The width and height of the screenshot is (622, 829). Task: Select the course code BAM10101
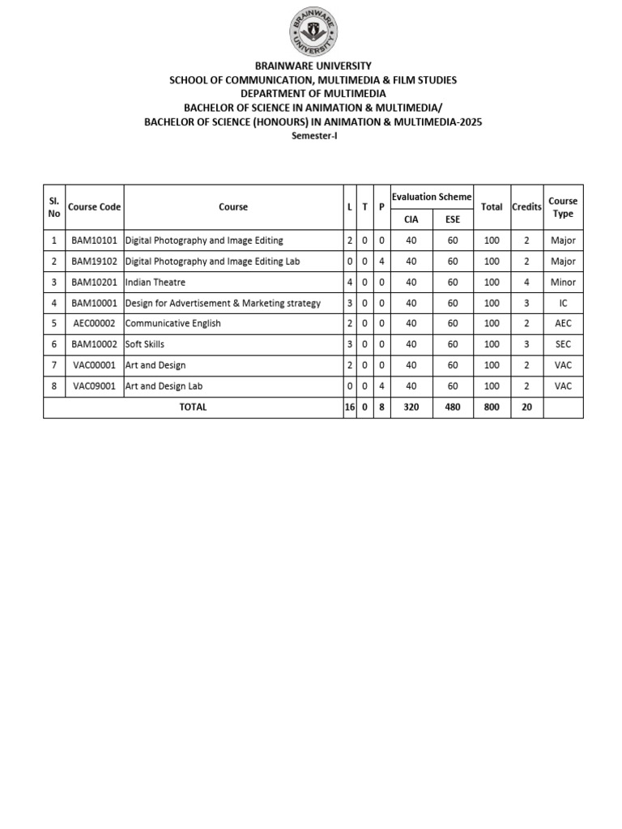click(x=94, y=240)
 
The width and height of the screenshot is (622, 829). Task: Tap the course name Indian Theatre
click(x=155, y=283)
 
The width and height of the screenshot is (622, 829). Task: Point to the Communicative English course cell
click(x=173, y=324)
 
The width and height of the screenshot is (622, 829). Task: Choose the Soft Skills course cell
click(x=145, y=345)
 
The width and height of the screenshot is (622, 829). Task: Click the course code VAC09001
click(x=94, y=387)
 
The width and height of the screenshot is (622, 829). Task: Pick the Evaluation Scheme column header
click(x=432, y=197)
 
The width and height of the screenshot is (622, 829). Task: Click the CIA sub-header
click(x=411, y=219)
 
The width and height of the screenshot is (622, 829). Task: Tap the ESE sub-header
click(x=452, y=219)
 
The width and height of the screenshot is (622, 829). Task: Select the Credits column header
click(x=526, y=207)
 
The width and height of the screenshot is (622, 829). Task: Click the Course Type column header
click(x=563, y=207)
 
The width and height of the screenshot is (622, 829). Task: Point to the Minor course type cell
click(x=563, y=283)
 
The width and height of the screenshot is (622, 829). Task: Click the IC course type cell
click(x=563, y=304)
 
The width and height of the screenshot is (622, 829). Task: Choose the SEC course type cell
click(x=563, y=345)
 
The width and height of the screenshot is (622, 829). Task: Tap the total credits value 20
click(x=526, y=407)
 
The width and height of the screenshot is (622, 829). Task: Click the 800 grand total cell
click(x=492, y=407)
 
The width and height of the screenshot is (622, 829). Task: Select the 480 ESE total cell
click(x=452, y=407)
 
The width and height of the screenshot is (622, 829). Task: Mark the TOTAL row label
click(x=193, y=407)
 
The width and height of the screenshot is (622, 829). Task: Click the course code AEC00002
click(x=94, y=324)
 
